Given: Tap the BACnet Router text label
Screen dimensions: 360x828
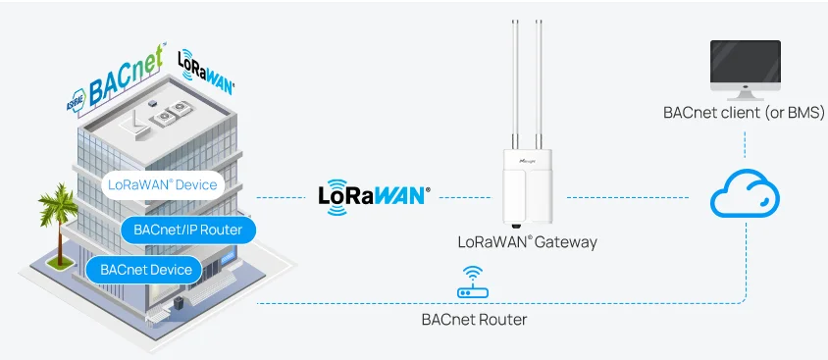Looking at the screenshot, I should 474,319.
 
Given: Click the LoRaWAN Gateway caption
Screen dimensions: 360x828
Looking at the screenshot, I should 527,241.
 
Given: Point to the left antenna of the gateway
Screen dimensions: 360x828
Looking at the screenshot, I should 516,78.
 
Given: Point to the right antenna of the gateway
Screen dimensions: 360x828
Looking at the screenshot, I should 539,78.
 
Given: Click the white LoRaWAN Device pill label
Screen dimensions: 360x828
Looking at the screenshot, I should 162,184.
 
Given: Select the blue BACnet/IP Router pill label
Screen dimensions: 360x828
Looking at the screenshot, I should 181,230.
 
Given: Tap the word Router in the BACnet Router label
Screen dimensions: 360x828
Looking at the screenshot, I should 501,319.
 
